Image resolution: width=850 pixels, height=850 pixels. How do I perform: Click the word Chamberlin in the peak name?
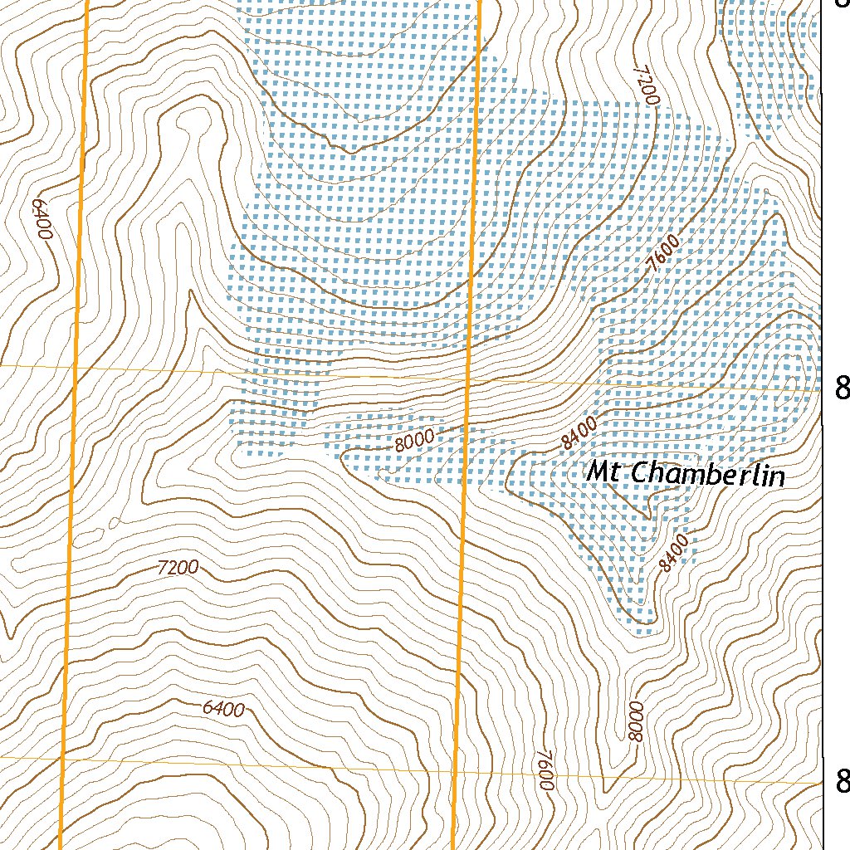click(x=708, y=475)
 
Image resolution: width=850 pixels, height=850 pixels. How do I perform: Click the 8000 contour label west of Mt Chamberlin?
click(x=414, y=442)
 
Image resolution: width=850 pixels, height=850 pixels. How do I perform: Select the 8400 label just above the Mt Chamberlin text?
click(x=579, y=433)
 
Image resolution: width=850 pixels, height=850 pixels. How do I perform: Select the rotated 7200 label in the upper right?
click(x=647, y=85)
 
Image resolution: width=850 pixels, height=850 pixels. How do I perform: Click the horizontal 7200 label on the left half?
click(x=178, y=569)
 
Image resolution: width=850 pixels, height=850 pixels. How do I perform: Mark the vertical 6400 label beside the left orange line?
click(x=42, y=219)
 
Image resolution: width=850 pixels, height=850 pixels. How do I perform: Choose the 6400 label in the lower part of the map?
click(x=223, y=709)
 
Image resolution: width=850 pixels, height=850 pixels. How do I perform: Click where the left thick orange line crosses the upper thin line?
click(x=76, y=366)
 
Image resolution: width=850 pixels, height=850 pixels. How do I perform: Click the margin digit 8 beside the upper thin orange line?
click(x=843, y=388)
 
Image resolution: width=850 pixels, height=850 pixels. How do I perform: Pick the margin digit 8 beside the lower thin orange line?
click(x=843, y=781)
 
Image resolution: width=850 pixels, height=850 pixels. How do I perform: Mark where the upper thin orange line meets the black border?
click(x=822, y=388)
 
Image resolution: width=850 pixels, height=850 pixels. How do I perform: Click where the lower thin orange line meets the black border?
click(x=822, y=782)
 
